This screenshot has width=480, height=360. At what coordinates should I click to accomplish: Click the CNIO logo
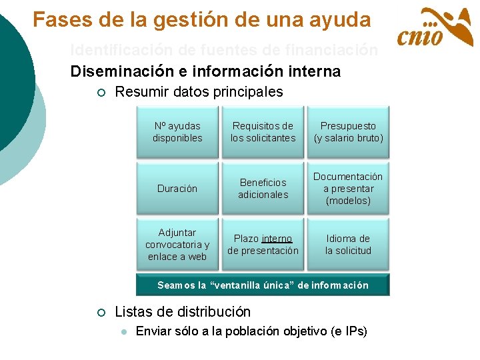(x=435, y=28)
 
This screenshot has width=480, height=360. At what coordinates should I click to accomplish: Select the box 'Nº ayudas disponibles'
(x=177, y=132)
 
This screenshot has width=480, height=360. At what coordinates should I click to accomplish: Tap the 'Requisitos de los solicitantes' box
(x=263, y=132)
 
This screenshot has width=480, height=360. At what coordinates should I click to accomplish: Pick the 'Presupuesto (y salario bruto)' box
(x=348, y=132)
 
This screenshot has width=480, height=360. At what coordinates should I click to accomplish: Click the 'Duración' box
(x=177, y=189)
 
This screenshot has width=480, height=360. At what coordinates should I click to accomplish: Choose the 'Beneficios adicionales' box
(x=263, y=189)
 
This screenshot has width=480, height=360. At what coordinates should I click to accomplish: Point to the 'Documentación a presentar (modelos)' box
(x=348, y=189)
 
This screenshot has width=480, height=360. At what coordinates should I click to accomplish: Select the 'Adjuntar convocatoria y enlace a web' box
(x=177, y=245)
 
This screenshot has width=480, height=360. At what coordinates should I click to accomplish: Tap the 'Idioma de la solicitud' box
(x=348, y=245)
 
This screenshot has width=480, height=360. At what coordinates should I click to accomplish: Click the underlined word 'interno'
(x=277, y=239)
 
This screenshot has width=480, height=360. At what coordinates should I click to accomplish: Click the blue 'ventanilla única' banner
(x=263, y=285)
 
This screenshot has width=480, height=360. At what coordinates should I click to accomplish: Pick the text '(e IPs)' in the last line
(x=349, y=331)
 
